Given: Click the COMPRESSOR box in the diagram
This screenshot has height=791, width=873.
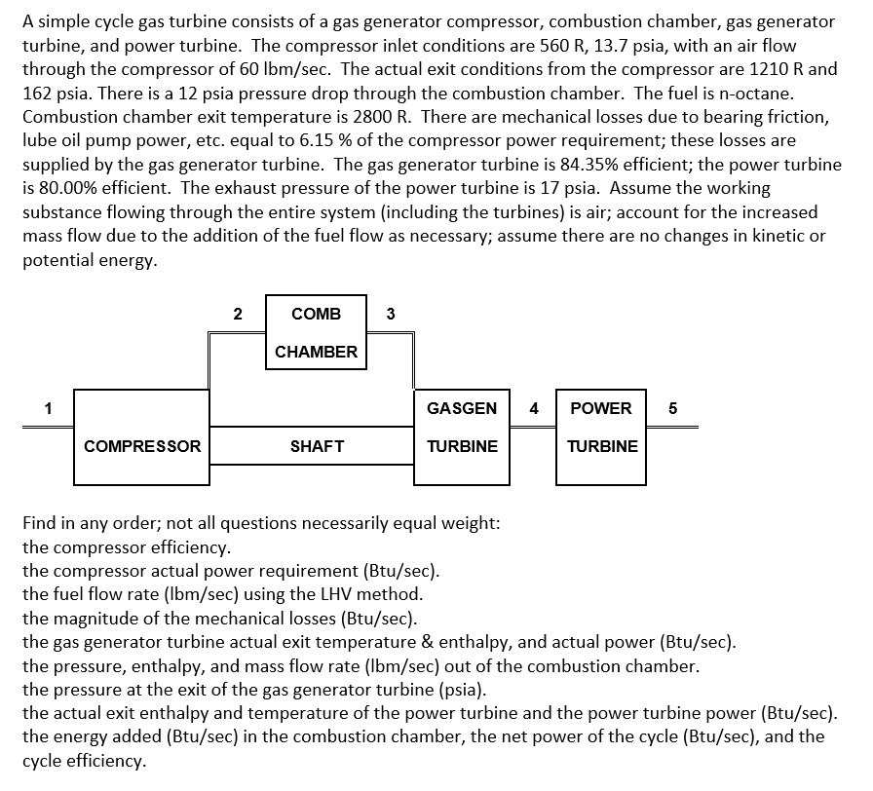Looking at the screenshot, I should (142, 436).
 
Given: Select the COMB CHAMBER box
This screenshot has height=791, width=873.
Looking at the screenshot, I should (316, 332).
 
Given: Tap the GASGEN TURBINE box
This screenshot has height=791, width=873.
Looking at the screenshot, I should (462, 427).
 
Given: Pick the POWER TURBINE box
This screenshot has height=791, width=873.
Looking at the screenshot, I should (602, 427).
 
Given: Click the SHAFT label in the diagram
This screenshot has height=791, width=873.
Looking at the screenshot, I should (317, 446).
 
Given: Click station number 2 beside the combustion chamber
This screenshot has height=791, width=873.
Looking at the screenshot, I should (237, 314).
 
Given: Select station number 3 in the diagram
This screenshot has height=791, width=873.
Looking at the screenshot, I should (390, 314).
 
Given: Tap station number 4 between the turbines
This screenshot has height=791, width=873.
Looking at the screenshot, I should (533, 408).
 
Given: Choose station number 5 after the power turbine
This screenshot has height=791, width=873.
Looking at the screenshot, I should (672, 408).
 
